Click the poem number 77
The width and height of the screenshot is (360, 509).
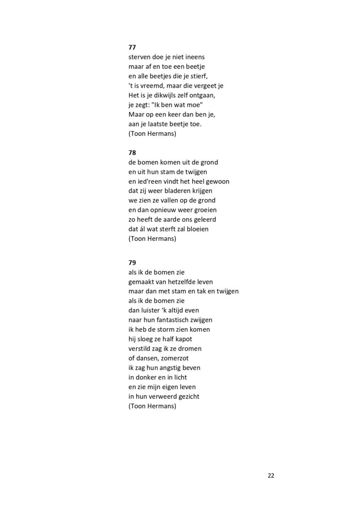tap(132, 48)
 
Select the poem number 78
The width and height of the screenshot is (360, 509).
tap(132, 153)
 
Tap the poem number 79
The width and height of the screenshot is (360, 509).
tap(132, 263)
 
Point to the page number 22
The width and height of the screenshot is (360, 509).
tap(271, 475)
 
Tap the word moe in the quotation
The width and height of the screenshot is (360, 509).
tap(195, 105)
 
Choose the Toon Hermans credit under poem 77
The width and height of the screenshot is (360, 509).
tap(152, 134)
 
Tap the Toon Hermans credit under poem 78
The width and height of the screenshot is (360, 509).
tap(152, 239)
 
